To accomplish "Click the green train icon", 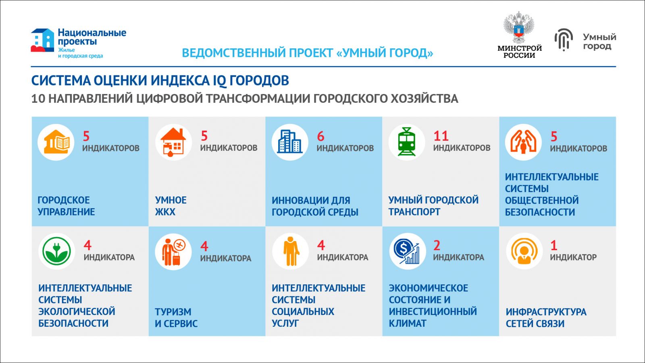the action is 406,142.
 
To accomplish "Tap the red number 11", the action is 441,136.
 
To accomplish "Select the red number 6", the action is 320,136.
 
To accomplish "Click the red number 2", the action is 437,246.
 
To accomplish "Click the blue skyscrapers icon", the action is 290,142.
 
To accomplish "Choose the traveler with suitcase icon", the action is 174,252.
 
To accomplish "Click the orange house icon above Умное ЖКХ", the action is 173,142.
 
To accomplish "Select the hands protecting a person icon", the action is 523,142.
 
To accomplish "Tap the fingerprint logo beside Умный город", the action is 564,40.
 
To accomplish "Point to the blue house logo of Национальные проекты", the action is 42,40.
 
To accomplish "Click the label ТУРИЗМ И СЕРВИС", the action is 176,317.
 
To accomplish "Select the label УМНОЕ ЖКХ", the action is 171,206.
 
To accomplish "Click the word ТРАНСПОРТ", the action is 414,212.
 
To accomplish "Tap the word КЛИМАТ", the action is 408,323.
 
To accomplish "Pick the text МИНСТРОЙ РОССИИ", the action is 520,52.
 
